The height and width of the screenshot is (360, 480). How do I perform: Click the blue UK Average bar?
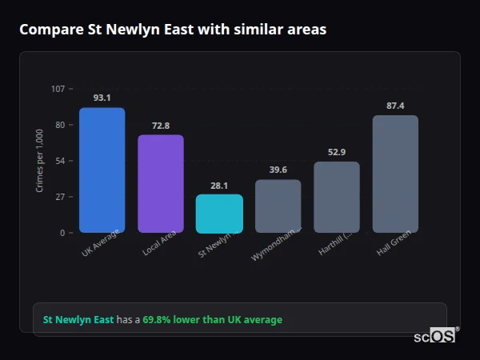(x=102, y=170)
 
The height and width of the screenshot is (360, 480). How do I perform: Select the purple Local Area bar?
(x=161, y=184)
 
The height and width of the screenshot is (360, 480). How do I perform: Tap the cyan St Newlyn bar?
(x=219, y=214)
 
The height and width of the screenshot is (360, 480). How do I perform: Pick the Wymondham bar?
(x=278, y=206)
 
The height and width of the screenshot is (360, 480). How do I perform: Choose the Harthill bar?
(x=337, y=197)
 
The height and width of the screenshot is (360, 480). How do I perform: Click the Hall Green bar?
(x=395, y=174)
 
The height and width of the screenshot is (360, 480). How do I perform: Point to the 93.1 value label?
(x=102, y=98)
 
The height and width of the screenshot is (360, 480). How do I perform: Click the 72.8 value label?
(x=161, y=126)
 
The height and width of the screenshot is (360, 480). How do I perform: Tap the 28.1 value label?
(x=219, y=186)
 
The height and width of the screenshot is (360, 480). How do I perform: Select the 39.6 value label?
(x=278, y=170)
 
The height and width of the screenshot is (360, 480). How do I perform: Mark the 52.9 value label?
(x=337, y=153)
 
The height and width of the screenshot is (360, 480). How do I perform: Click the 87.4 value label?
(x=395, y=106)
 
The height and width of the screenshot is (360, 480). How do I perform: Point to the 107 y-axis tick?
(x=58, y=89)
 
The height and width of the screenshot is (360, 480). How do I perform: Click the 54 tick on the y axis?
(x=60, y=161)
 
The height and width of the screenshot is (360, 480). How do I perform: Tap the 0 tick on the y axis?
(x=62, y=233)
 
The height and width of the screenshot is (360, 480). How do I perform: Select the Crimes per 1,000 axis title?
(x=40, y=161)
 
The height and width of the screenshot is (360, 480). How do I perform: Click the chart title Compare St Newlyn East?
(x=173, y=29)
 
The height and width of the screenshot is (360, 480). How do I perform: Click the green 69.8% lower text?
(x=213, y=320)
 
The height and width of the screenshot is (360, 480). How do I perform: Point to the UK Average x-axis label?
(x=102, y=244)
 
